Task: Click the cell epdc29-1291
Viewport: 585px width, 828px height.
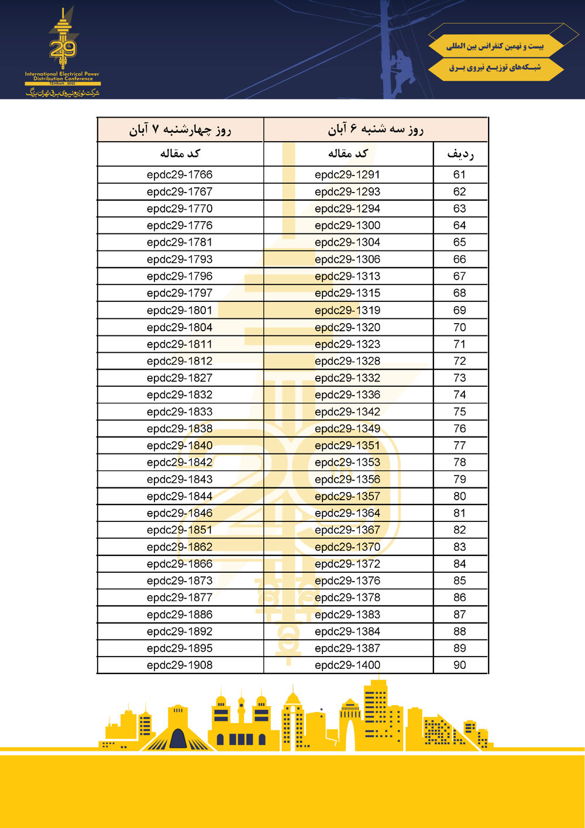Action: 347,174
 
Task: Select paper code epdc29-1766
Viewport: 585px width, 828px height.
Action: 180,174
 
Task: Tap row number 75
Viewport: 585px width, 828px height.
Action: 460,411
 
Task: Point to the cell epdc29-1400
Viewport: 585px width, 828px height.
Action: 347,665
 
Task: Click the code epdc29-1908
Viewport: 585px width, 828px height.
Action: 180,665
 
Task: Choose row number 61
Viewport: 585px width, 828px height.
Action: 460,174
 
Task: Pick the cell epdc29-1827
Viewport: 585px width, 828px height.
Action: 180,378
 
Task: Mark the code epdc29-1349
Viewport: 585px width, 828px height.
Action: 347,428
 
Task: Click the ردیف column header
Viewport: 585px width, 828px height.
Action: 460,154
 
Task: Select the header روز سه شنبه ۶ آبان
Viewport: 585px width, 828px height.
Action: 376,129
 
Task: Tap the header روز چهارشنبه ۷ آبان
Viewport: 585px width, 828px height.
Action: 180,129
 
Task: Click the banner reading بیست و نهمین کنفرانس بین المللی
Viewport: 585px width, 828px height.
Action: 495,46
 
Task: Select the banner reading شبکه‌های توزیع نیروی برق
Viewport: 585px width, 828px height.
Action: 495,68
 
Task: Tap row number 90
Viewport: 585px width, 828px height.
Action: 460,665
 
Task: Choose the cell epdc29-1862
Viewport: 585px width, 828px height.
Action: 180,547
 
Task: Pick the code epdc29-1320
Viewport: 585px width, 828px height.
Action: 347,327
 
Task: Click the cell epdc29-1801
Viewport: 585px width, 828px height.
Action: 180,310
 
